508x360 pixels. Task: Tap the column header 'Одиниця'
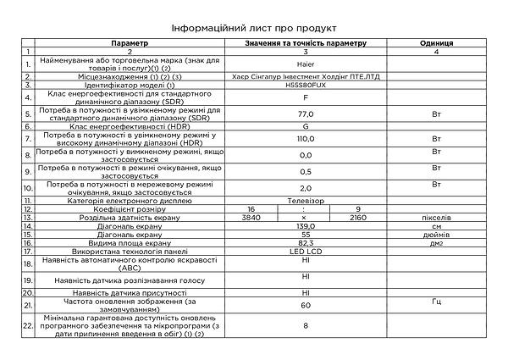[x=436, y=42]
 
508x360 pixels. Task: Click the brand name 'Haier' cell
[x=306, y=63]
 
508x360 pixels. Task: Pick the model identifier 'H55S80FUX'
[x=306, y=85]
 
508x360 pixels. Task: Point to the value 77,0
[x=306, y=113]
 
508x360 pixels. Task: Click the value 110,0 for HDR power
[x=306, y=137]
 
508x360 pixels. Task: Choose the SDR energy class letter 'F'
[x=306, y=97]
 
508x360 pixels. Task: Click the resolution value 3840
[x=247, y=217]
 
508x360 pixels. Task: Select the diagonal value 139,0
[x=306, y=225]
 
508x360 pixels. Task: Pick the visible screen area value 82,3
[x=306, y=242]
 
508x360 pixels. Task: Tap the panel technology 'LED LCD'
[x=306, y=252]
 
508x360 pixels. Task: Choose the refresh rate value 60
[x=306, y=303]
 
